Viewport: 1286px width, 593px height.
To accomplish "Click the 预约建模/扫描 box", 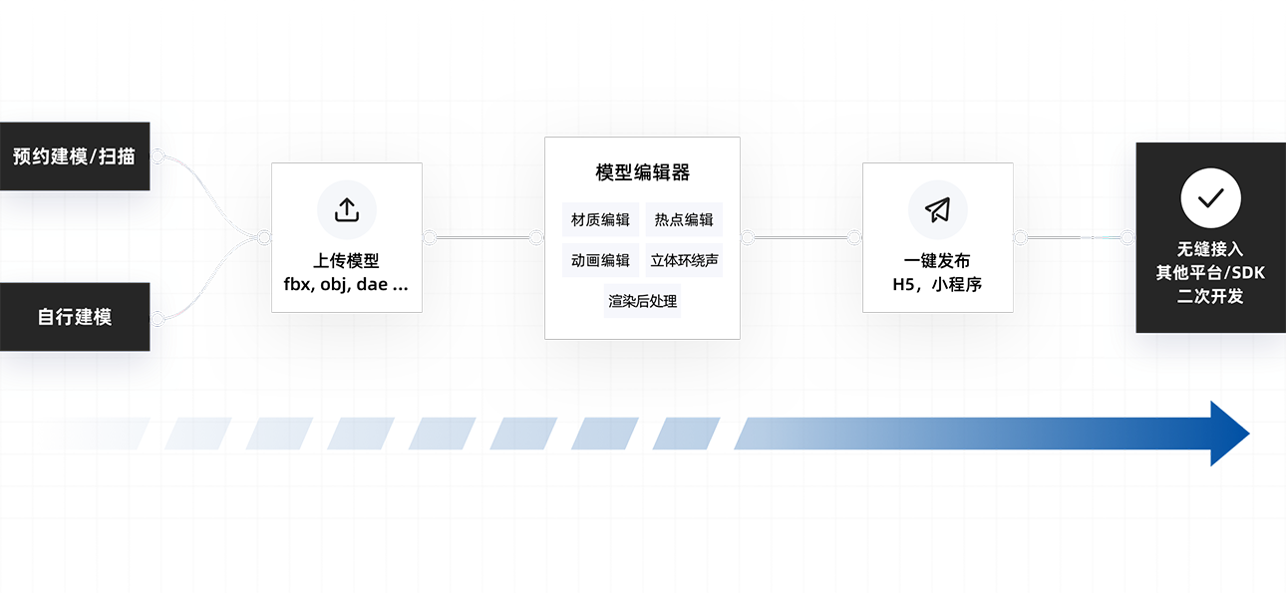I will [x=75, y=156].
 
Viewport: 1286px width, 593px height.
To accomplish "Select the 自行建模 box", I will [x=75, y=317].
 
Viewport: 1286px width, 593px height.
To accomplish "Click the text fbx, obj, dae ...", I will [x=346, y=283].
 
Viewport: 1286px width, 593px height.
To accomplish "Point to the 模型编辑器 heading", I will [x=642, y=172].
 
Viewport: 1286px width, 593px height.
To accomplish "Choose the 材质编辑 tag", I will [x=600, y=219].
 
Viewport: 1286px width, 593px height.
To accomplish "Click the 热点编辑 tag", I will [x=684, y=219].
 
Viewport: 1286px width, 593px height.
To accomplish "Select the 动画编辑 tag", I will [x=600, y=260].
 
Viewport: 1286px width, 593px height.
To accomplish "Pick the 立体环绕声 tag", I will [x=685, y=260].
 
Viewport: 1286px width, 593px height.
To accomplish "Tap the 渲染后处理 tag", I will [x=642, y=300].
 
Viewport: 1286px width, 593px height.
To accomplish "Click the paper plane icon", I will [x=937, y=209].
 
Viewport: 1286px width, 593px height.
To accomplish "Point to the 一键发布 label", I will [x=937, y=261].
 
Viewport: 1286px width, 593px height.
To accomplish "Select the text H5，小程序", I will [x=937, y=283].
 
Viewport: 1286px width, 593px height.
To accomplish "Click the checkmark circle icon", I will [x=1210, y=198].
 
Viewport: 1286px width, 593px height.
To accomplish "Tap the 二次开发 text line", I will [x=1210, y=296].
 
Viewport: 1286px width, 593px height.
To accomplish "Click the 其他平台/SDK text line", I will [x=1210, y=272].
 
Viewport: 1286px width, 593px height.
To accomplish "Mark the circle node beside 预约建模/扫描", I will [x=157, y=156].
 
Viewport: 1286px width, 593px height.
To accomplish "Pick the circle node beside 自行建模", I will [x=157, y=319].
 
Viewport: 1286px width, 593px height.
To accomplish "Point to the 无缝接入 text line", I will [x=1210, y=249].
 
